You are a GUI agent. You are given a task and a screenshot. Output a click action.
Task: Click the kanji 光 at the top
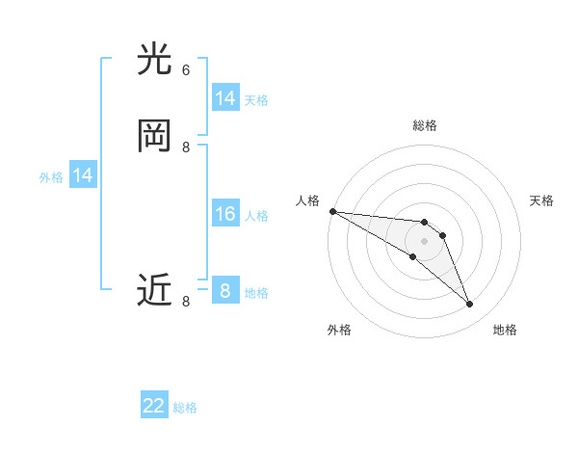155,60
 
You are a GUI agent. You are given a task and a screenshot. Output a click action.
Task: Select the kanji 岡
155,135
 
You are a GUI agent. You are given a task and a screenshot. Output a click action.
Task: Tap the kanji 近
155,290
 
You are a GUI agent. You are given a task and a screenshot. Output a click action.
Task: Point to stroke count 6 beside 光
186,70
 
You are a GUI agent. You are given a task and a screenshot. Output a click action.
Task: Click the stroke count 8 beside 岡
186,147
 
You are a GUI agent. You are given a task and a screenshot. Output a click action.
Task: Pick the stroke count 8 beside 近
186,302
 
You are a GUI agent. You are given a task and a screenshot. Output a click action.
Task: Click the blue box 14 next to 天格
225,98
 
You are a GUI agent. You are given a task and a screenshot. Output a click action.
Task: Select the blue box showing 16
225,214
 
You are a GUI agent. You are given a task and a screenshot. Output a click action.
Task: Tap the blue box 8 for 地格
225,290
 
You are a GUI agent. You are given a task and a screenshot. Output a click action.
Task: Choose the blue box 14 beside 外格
83,175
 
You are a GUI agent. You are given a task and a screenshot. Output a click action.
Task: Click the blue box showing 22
154,406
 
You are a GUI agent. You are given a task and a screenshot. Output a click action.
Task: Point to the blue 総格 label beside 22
185,408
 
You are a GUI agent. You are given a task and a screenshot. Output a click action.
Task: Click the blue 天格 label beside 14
256,100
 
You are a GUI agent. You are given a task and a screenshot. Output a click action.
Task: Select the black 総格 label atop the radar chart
425,125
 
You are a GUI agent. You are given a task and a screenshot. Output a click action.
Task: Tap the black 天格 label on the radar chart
541,200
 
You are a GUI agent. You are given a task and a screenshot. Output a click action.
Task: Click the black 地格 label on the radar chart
505,330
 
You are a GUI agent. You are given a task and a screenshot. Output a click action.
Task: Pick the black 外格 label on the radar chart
339,330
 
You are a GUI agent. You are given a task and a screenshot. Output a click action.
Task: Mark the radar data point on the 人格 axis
332,211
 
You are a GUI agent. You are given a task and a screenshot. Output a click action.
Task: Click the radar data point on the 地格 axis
470,305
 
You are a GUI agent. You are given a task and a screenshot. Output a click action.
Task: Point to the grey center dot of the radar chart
424,241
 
